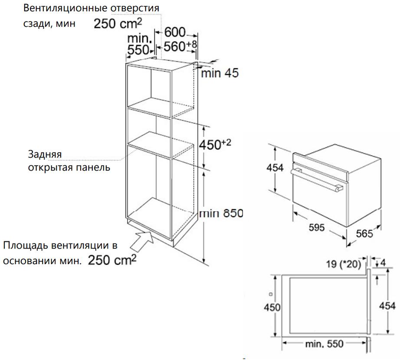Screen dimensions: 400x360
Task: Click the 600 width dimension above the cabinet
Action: [175, 33]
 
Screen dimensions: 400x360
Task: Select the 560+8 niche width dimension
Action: [180, 46]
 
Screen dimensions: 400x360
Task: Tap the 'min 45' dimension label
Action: [220, 73]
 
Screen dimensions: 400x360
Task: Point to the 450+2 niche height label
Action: [215, 144]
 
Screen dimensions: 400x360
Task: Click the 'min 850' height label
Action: [221, 213]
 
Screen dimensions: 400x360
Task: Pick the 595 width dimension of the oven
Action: [317, 227]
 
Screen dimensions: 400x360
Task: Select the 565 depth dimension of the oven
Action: [364, 233]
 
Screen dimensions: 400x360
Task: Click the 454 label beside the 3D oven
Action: [275, 168]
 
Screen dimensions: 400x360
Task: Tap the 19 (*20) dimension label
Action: [343, 264]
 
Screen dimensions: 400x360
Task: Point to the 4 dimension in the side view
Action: [383, 262]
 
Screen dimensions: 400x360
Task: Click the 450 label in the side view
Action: [272, 307]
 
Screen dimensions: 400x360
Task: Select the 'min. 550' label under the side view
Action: [324, 344]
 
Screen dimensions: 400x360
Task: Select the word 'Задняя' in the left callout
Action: [45, 154]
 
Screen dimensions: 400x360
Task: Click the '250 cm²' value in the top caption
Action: [118, 23]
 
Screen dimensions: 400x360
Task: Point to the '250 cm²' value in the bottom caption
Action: [112, 259]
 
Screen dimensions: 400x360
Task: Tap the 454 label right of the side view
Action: [387, 306]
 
